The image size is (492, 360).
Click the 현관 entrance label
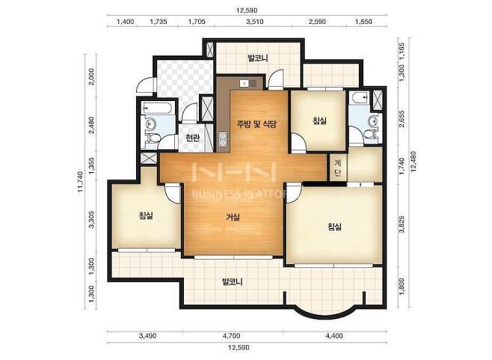[192, 138]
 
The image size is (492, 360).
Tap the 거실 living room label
[233, 217]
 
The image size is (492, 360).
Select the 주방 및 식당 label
[256, 124]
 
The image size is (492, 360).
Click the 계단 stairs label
[338, 168]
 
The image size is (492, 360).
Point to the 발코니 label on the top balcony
[258, 58]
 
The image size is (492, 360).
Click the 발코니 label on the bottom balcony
[233, 281]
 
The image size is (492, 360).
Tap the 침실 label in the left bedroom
[146, 216]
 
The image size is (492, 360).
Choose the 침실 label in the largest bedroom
[334, 227]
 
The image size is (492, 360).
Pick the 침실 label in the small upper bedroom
[319, 120]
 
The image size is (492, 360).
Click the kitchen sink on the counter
[248, 83]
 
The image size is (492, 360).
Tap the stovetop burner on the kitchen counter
[223, 139]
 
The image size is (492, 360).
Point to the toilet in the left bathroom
[153, 138]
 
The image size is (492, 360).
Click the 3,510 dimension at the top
[255, 22]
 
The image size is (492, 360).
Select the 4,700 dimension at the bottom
[232, 336]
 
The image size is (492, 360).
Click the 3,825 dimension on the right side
[402, 225]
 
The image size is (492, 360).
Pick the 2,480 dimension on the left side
[91, 125]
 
